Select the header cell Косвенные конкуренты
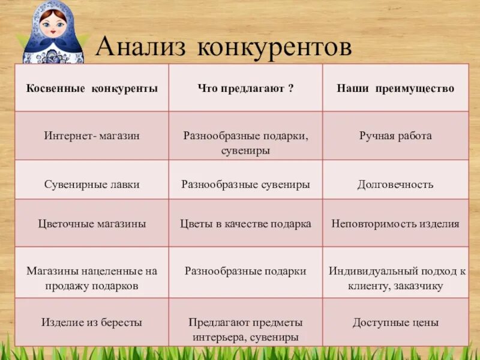[x=92, y=88]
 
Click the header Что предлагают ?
[x=245, y=88]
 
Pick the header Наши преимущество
[x=395, y=88]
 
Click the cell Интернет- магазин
[x=92, y=136]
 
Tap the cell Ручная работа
[x=395, y=136]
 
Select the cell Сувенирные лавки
[x=92, y=184]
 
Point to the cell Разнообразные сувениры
[x=245, y=184]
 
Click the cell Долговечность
[x=395, y=184]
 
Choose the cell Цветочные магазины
[x=92, y=224]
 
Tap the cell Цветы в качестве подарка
[x=245, y=224]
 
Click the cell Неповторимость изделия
[x=395, y=224]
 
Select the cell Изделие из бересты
[x=92, y=322]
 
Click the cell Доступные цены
[x=395, y=322]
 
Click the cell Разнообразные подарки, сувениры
[x=245, y=143]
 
